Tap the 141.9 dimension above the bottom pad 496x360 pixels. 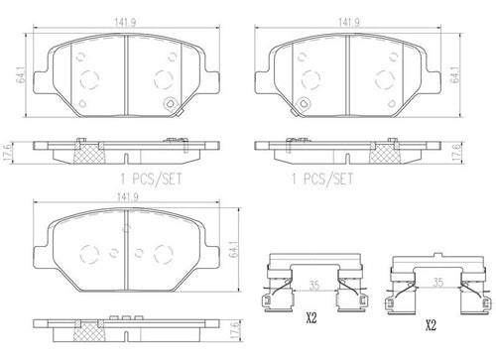coord(126,197)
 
